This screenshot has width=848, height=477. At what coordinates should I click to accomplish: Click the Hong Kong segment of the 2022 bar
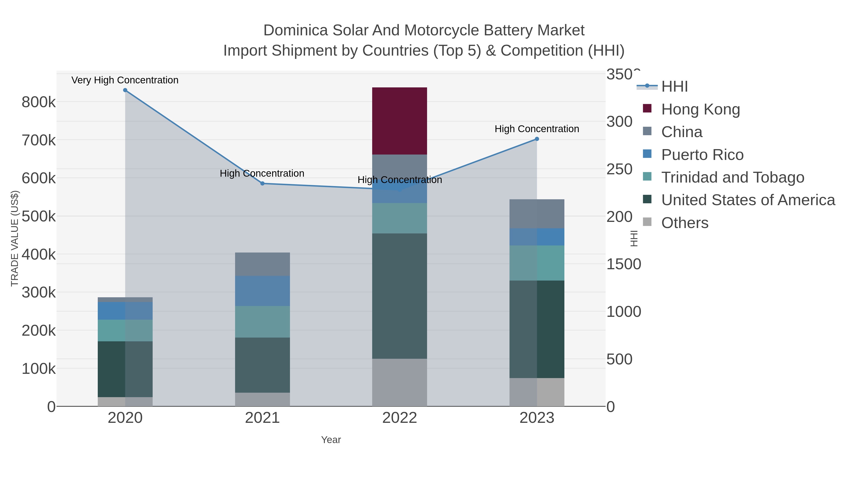pos(399,121)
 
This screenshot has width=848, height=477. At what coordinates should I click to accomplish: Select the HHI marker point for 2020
pos(125,90)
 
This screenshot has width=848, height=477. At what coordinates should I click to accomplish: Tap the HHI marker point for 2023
pos(537,139)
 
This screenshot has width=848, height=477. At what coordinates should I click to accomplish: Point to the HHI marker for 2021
pos(262,183)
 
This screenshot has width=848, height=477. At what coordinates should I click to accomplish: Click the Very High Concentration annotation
pos(125,80)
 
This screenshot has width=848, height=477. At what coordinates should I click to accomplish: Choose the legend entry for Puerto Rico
pos(702,155)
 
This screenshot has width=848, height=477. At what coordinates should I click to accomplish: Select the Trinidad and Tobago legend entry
pos(732,177)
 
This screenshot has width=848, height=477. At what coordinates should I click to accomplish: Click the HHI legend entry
pos(674,87)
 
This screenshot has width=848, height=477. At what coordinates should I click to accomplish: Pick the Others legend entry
pos(684,223)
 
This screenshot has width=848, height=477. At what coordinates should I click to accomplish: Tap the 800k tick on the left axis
pos(39,102)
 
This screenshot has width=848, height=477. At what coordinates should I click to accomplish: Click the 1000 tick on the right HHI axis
pos(624,312)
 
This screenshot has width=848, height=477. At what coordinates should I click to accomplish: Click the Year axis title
pos(331,440)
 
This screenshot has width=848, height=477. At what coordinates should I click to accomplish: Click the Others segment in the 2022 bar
pos(399,382)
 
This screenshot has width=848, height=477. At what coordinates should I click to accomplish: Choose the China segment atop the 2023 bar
pos(537,214)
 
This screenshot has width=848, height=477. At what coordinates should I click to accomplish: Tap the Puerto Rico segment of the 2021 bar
pos(262,291)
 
